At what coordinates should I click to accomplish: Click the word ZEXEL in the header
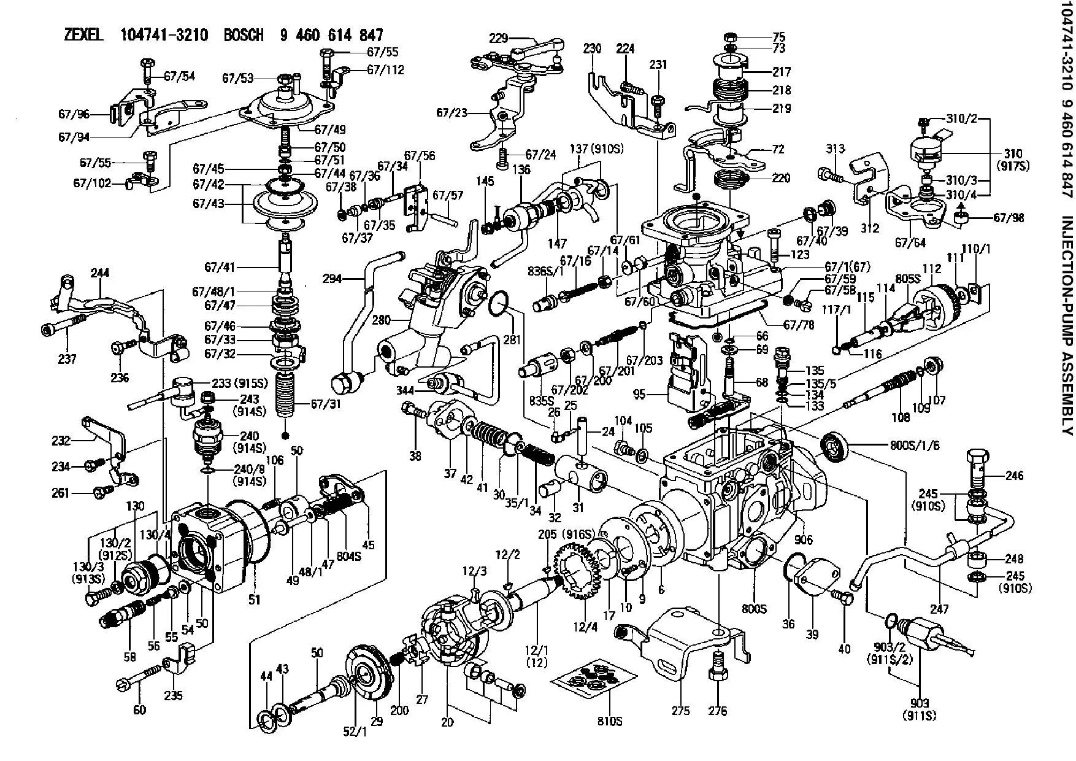click(84, 35)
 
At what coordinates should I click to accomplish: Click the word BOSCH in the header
click(243, 35)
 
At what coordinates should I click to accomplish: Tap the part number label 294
click(332, 279)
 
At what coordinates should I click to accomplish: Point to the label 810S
click(609, 721)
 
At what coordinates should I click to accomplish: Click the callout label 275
click(680, 711)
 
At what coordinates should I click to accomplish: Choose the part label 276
click(717, 711)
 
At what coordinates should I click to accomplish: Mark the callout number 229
click(498, 38)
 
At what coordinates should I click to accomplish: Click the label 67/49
click(330, 129)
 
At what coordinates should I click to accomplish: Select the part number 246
click(1015, 475)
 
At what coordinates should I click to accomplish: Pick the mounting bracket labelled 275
click(687, 638)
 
